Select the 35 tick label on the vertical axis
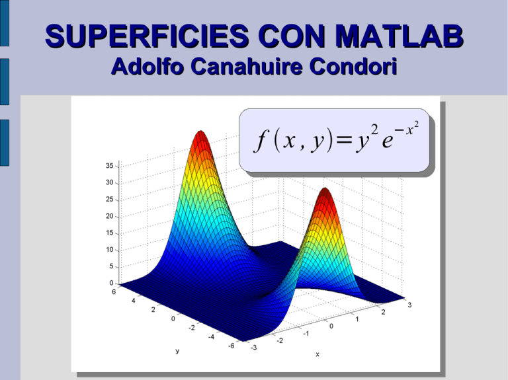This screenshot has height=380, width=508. (x=108, y=165)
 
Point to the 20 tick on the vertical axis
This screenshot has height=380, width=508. (x=108, y=216)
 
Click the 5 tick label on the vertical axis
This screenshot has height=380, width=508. (x=110, y=266)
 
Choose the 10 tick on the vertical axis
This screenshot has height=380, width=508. (x=108, y=250)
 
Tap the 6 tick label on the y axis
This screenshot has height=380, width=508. (x=113, y=291)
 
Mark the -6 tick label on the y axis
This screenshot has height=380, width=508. (x=230, y=346)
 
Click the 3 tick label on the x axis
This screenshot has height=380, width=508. (x=411, y=305)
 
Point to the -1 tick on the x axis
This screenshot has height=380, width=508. (x=306, y=333)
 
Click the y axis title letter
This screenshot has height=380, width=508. (x=177, y=352)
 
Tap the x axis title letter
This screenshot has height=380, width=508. (x=317, y=355)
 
